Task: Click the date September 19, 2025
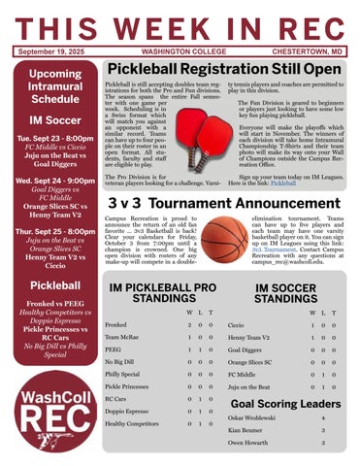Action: point(53,50)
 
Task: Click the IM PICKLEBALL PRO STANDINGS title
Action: point(162,294)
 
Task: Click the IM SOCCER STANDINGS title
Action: point(285,294)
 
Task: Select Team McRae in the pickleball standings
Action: point(121,336)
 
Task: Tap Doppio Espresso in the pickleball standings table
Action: point(127,411)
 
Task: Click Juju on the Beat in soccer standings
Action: point(250,385)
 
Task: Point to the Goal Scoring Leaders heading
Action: point(285,404)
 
